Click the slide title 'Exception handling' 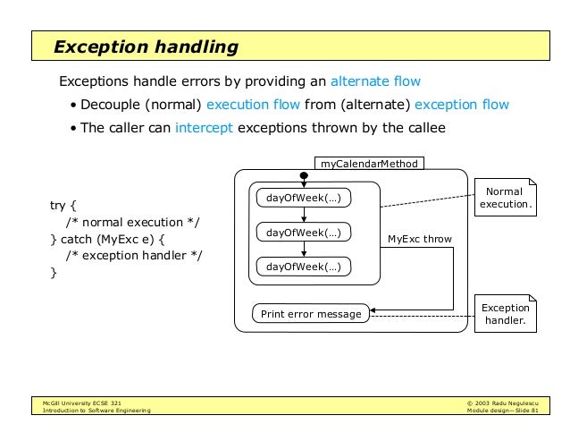pos(145,46)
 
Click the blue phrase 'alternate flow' pos(375,81)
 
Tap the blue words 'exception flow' pos(462,105)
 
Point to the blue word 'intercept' pos(205,128)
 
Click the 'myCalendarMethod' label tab pos(370,164)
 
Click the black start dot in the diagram pos(304,176)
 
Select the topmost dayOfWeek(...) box pos(304,197)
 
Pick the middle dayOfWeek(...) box pos(304,233)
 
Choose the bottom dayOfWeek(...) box pos(304,267)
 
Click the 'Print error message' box pos(311,314)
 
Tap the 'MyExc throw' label pos(419,239)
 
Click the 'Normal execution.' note pos(505,199)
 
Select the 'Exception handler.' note pos(505,314)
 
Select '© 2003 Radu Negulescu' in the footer pos(503,403)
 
